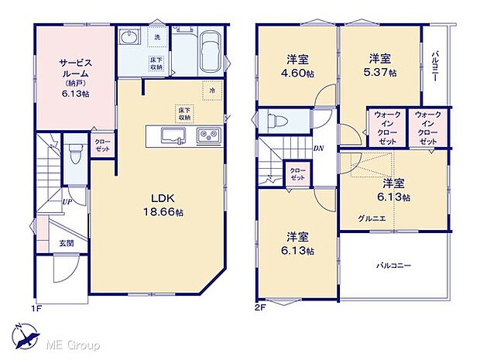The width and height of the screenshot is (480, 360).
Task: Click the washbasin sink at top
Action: (x=129, y=38)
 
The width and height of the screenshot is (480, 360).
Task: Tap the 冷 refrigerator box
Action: (x=211, y=91)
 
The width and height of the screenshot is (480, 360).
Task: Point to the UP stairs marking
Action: (x=68, y=202)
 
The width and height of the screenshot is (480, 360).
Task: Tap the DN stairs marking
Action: (x=317, y=149)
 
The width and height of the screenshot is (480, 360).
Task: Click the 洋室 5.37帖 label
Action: (x=379, y=66)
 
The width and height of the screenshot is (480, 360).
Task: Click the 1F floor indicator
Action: (x=36, y=309)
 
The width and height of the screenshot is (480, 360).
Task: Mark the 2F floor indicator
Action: (x=260, y=309)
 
